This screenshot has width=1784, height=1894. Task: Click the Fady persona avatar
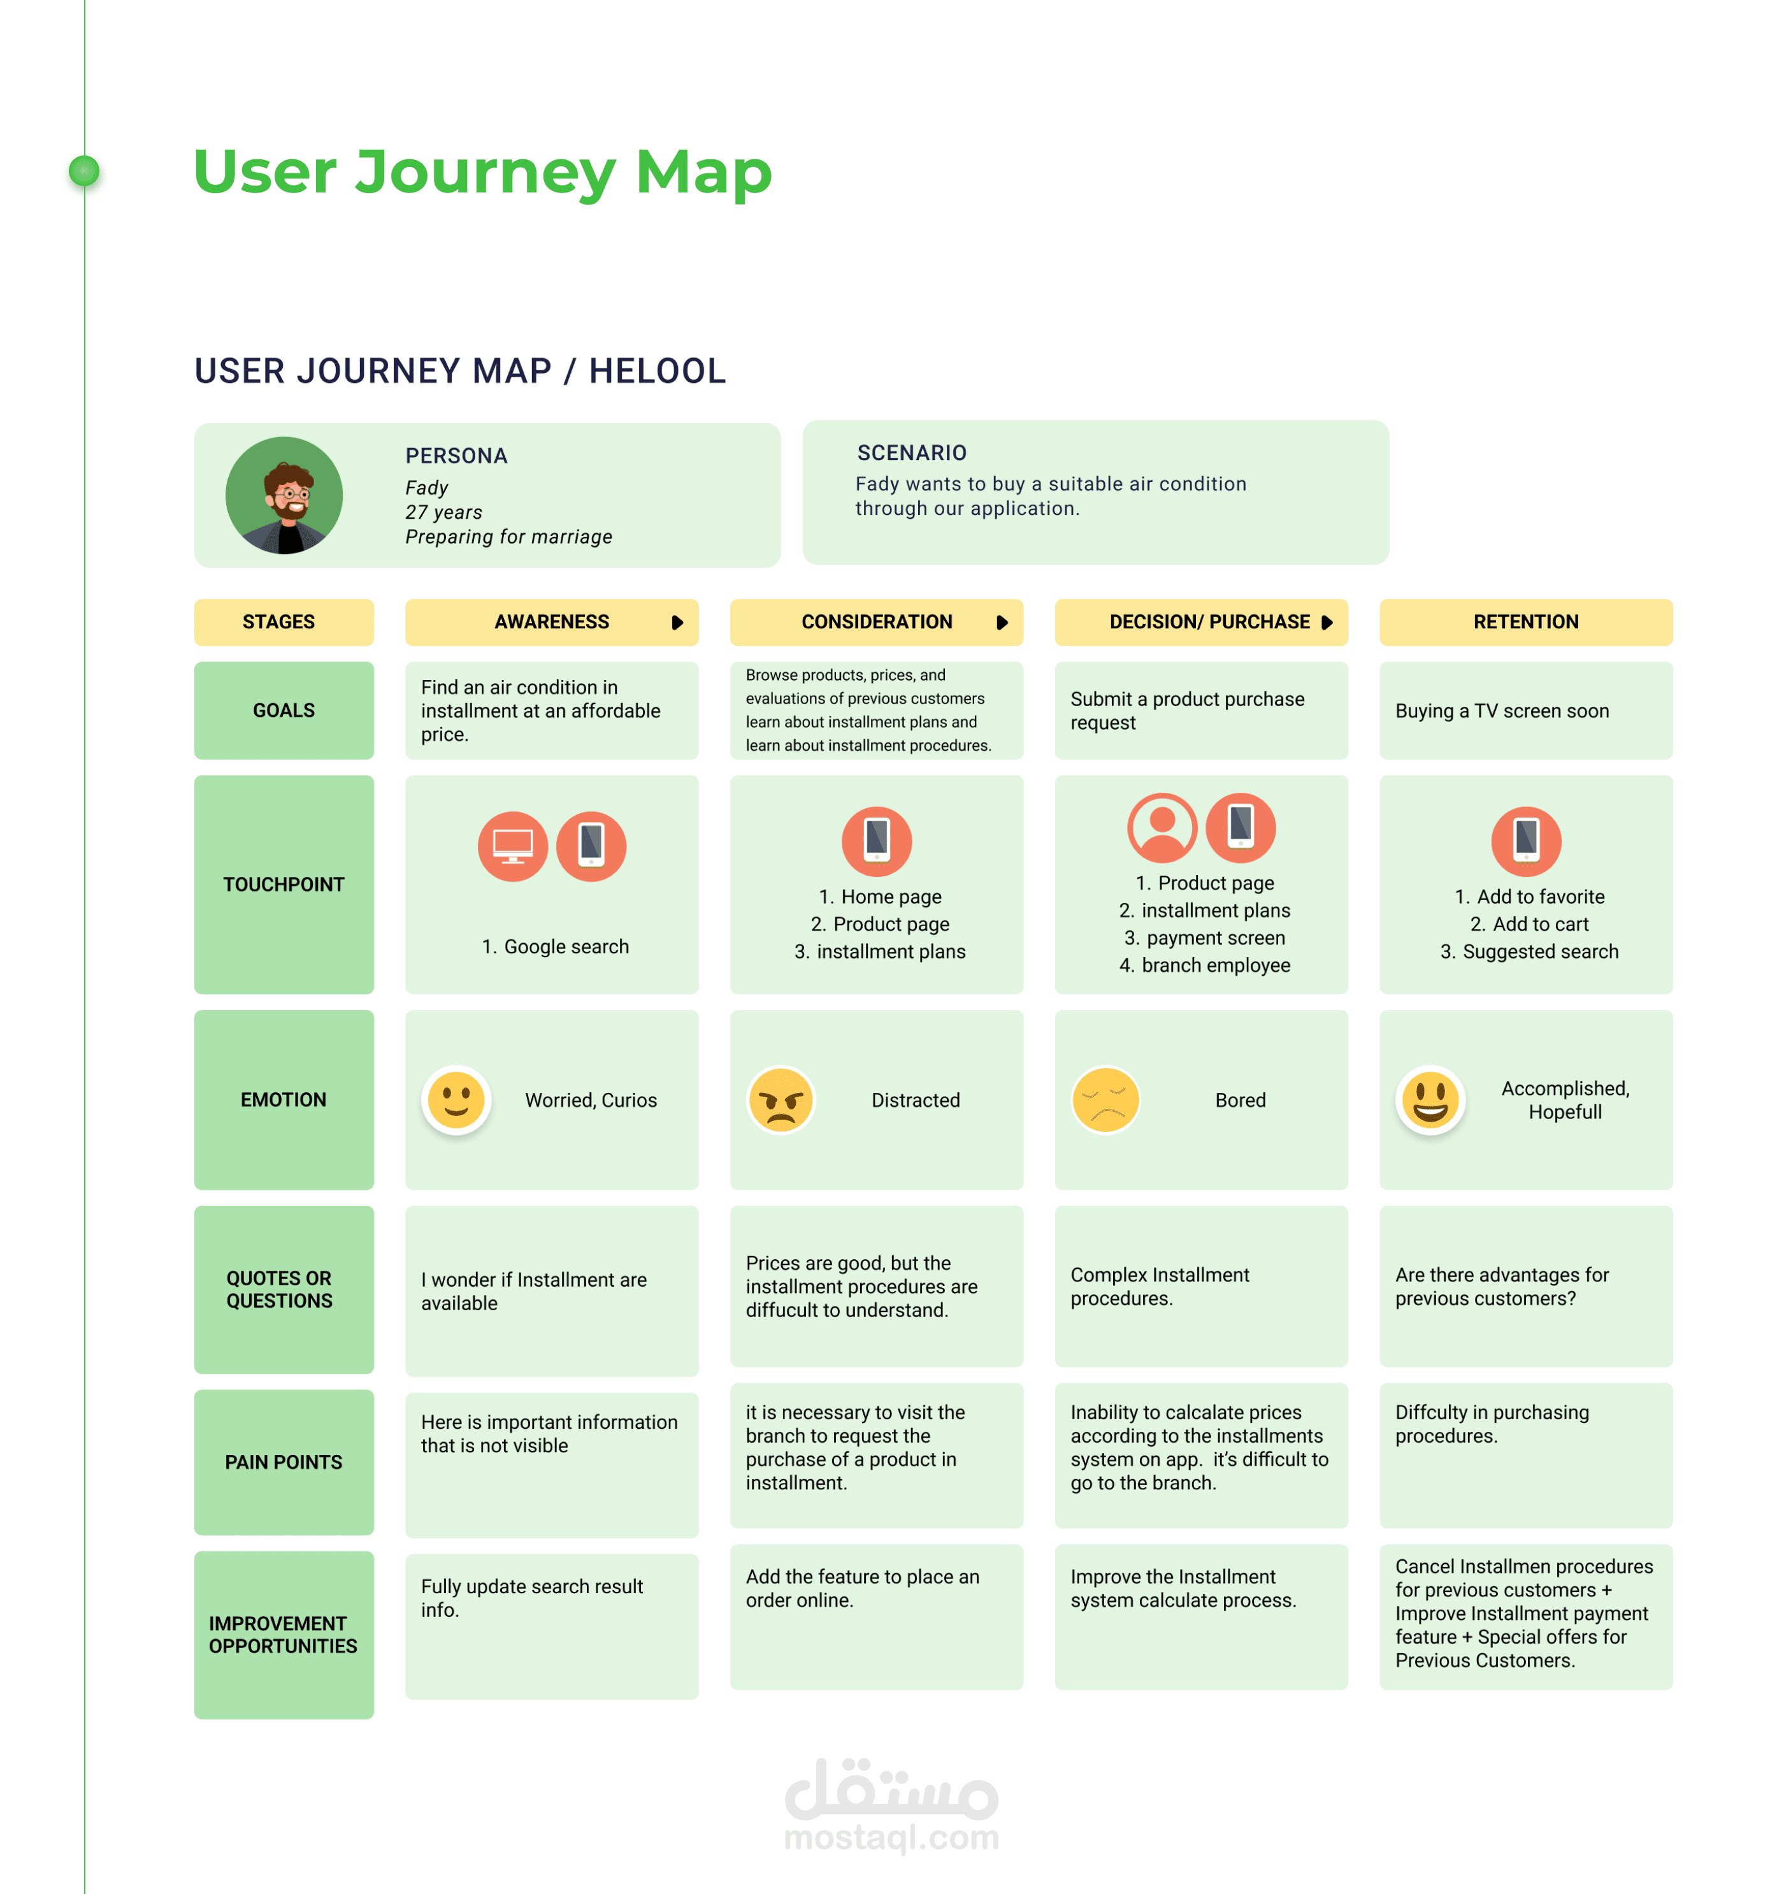[284, 495]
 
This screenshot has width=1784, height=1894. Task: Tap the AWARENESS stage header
[552, 622]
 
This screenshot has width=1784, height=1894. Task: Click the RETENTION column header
[1525, 622]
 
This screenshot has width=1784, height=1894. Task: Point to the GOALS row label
[284, 711]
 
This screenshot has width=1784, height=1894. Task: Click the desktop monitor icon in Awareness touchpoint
[512, 846]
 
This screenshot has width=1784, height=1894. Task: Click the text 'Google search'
[566, 947]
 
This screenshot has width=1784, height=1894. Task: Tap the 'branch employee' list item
[1216, 965]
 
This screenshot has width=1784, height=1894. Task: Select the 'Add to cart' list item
[1540, 924]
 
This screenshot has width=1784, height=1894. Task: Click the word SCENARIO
[912, 452]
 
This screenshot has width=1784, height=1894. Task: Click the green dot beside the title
[85, 171]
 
